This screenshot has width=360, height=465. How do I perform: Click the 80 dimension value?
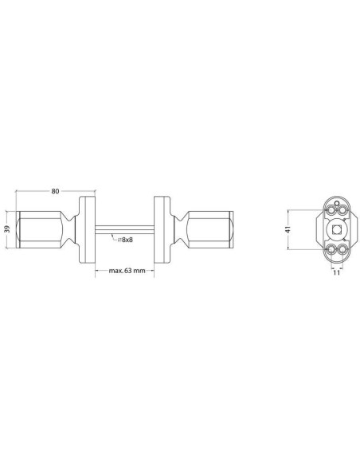(56, 191)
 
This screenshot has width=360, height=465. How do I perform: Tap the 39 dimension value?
(8, 229)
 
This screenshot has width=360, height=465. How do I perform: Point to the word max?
(115, 271)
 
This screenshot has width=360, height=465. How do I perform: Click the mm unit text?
(139, 271)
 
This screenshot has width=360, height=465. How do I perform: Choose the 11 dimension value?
(336, 272)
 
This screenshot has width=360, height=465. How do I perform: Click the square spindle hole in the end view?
(336, 229)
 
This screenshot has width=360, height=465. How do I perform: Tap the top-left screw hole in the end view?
(331, 210)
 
